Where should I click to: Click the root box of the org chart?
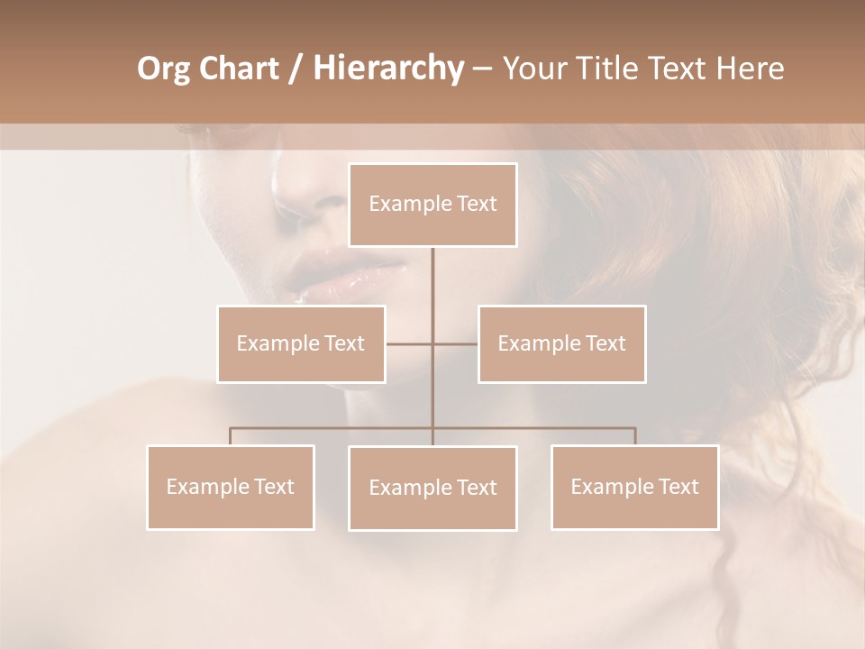[432, 205]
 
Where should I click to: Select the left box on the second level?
[301, 343]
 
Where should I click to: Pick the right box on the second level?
[561, 343]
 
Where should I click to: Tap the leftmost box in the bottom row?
[231, 487]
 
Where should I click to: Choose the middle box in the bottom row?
[432, 488]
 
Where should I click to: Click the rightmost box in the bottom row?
[634, 487]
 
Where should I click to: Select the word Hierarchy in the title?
[387, 69]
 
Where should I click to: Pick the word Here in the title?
[750, 69]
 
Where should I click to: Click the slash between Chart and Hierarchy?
[296, 69]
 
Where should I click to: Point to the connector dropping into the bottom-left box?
[231, 436]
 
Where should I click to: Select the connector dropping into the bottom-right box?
[634, 436]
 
